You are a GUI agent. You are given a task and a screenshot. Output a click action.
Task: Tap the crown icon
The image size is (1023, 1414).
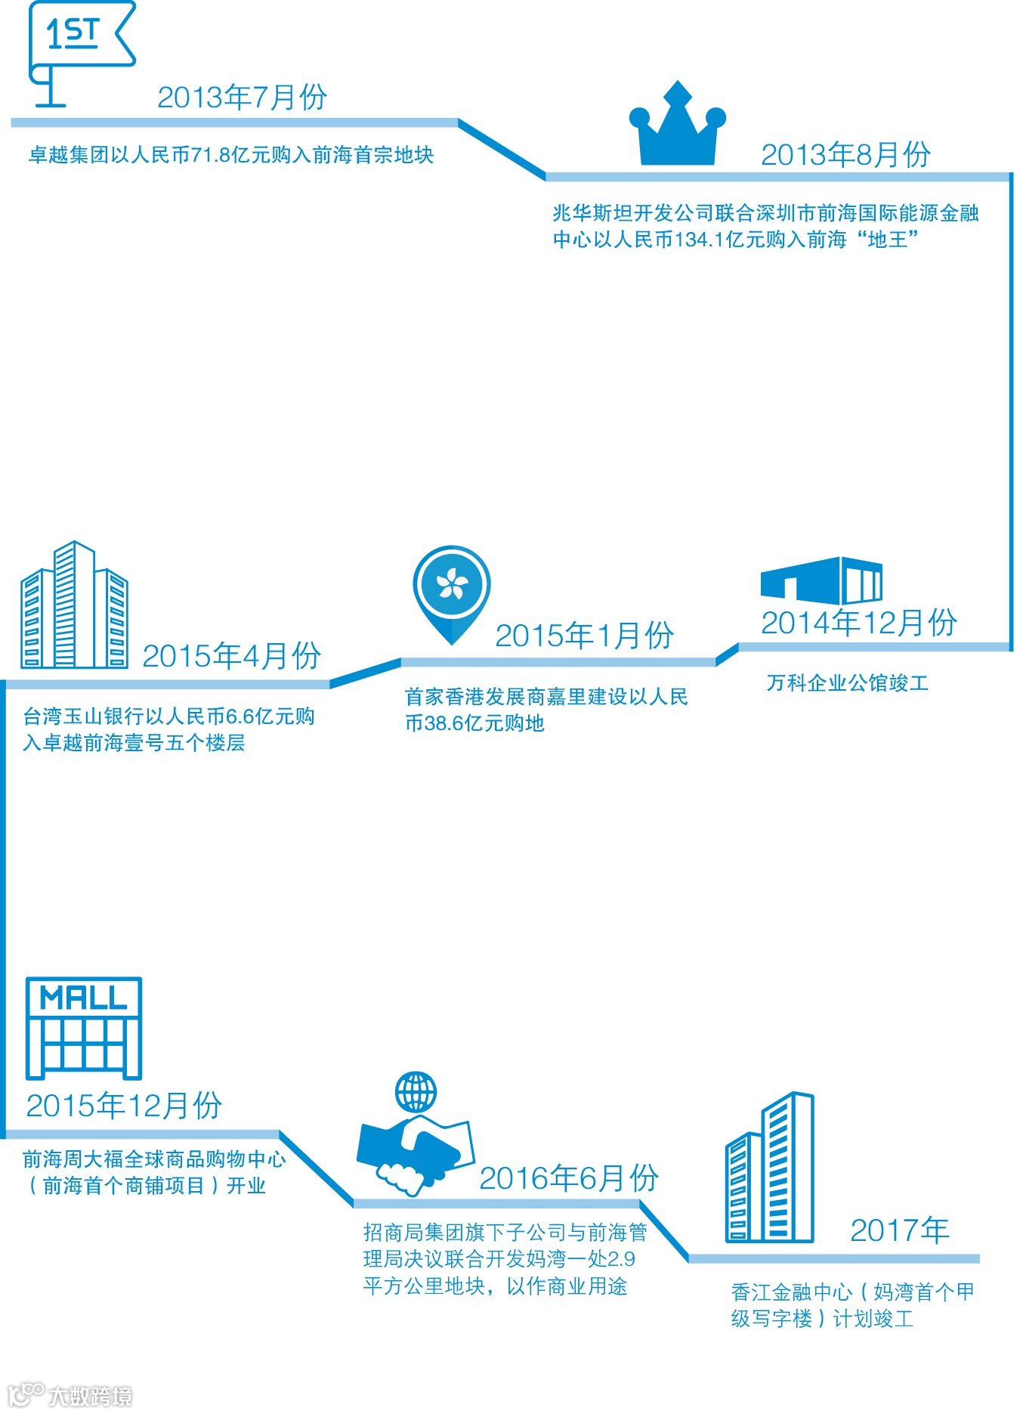coord(678,128)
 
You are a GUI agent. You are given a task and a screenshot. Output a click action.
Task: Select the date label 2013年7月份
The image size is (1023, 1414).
coord(242,97)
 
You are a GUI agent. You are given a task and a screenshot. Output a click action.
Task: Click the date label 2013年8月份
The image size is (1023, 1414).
coord(845,155)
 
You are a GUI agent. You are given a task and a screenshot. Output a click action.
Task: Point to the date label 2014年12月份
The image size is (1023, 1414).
coord(859,623)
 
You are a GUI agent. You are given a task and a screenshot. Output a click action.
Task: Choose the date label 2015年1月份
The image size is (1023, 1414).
coord(584,636)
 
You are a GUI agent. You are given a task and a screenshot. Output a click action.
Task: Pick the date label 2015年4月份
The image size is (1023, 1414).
coord(231,656)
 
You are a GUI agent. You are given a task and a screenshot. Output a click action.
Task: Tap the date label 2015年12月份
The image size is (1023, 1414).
coord(124,1106)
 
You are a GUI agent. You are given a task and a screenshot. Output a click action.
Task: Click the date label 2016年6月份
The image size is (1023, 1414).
coord(569,1178)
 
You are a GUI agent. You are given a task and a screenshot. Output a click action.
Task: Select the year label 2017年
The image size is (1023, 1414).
coord(900,1231)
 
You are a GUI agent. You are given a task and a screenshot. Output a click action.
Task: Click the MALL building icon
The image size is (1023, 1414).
coord(83,1029)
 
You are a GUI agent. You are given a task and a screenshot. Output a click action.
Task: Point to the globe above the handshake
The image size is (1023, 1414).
coord(416,1092)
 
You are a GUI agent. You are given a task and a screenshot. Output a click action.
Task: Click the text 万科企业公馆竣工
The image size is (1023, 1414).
coord(847,684)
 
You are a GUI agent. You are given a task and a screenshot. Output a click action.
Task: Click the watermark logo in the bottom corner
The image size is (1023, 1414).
coord(70,1394)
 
